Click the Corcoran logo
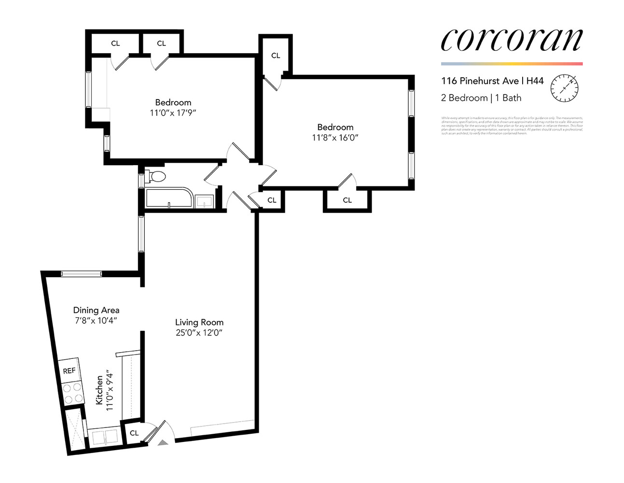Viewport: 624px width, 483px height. click(x=512, y=40)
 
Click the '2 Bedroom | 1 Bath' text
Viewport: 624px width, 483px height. click(x=481, y=98)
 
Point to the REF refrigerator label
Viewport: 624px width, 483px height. click(x=69, y=371)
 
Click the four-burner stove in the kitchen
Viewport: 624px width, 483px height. click(x=73, y=393)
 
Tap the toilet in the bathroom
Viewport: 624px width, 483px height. click(x=155, y=176)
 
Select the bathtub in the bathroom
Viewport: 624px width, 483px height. click(x=169, y=198)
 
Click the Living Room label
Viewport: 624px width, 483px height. click(x=199, y=322)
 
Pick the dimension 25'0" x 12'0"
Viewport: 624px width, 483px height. click(x=199, y=333)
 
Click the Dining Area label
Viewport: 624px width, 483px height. click(x=96, y=310)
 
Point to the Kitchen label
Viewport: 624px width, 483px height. click(x=99, y=390)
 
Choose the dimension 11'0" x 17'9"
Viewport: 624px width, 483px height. click(x=173, y=113)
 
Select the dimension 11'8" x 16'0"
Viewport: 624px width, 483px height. click(x=335, y=138)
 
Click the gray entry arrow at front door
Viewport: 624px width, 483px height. click(x=163, y=441)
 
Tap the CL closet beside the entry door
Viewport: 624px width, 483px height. click(x=134, y=433)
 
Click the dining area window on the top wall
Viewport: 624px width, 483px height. click(x=82, y=274)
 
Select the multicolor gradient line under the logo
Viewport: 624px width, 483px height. click(x=512, y=64)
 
